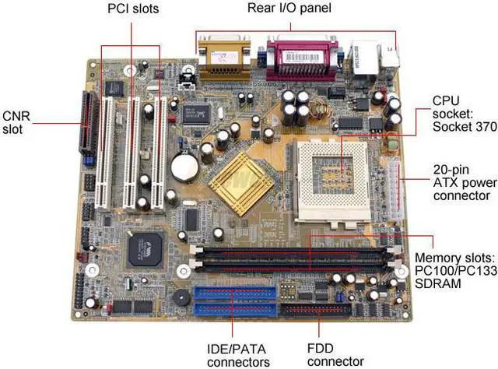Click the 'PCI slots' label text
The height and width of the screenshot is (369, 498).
pyautogui.click(x=132, y=9)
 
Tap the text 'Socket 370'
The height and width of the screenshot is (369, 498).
pyautogui.click(x=464, y=127)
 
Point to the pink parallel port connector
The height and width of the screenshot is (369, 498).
pyautogui.click(x=303, y=61)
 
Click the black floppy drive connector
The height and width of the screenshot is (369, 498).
pyautogui.click(x=318, y=313)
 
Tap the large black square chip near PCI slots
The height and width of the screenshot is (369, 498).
pyautogui.click(x=145, y=248)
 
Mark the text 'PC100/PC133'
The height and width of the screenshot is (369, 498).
pyautogui.click(x=454, y=271)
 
